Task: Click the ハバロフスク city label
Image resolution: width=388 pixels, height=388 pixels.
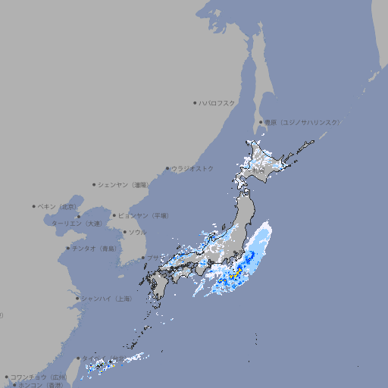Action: (x=217, y=102)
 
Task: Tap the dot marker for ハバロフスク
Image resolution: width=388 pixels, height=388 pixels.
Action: (x=195, y=102)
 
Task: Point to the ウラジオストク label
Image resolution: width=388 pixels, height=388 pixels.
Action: (x=192, y=168)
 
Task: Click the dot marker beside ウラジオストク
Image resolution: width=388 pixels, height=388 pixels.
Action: (x=167, y=168)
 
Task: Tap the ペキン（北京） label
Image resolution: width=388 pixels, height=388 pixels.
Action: (x=57, y=206)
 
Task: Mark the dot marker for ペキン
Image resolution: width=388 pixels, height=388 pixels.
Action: (x=34, y=206)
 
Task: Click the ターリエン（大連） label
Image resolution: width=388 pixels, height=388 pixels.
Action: (x=76, y=224)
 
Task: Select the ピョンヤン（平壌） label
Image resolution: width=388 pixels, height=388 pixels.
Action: (x=142, y=215)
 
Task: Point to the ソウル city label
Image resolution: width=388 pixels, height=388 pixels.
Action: (x=136, y=232)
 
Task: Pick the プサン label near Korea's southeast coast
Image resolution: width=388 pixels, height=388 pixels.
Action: (x=154, y=258)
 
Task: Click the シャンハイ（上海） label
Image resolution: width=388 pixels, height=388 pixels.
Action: (x=106, y=299)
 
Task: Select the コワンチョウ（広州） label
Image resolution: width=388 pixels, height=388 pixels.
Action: (x=39, y=377)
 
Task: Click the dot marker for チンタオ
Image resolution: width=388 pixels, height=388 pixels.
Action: (x=67, y=248)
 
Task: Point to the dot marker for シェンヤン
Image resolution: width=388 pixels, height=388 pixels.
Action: (x=94, y=184)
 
